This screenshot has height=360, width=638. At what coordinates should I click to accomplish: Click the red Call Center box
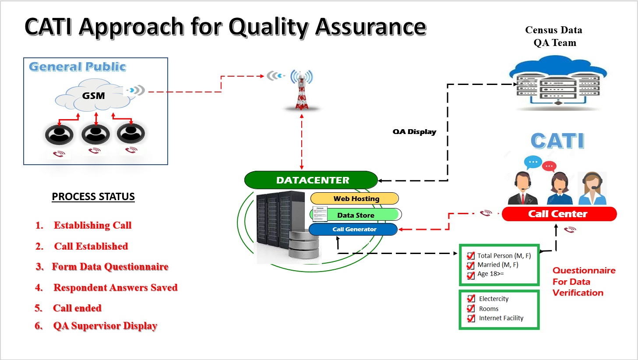559,214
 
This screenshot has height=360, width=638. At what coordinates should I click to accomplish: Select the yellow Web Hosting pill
356,198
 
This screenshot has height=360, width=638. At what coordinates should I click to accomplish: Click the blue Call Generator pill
354,229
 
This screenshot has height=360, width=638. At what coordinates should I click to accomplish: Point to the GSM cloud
93,96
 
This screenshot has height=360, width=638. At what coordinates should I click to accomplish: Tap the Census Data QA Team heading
554,36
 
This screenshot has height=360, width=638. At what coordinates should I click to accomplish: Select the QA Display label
414,132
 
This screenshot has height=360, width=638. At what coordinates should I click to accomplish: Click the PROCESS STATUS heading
93,197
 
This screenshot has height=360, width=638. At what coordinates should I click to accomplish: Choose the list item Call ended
77,308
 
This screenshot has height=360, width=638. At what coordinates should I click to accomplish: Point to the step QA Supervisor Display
105,326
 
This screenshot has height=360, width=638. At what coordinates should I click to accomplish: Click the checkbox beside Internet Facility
471,318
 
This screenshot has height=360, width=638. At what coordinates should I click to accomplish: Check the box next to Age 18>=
471,275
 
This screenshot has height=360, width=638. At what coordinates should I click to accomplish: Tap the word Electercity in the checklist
493,299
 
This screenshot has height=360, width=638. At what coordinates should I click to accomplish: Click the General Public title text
78,67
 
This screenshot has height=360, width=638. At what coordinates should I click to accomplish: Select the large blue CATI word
557,141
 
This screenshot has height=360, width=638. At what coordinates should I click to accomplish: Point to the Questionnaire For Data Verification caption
583,282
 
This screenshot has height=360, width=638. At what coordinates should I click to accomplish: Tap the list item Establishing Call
92,226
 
